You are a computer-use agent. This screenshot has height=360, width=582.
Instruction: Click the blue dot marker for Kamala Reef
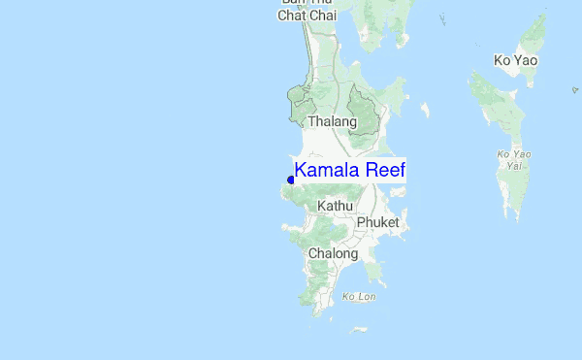click(x=291, y=180)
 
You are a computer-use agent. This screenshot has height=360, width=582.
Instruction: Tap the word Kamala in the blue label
click(x=326, y=171)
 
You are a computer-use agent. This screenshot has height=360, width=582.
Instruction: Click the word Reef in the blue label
click(x=383, y=171)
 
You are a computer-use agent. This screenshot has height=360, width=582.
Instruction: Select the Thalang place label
click(x=332, y=122)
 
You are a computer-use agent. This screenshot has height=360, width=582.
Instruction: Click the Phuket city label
click(x=377, y=222)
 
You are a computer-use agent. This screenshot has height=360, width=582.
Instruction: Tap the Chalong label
click(x=333, y=253)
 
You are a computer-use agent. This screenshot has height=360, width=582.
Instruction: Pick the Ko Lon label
click(x=358, y=296)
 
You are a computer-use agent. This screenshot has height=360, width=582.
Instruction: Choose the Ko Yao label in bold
click(x=515, y=60)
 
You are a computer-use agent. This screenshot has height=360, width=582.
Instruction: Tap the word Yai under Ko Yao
click(x=515, y=165)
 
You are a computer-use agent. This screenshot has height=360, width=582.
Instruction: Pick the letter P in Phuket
click(x=361, y=222)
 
